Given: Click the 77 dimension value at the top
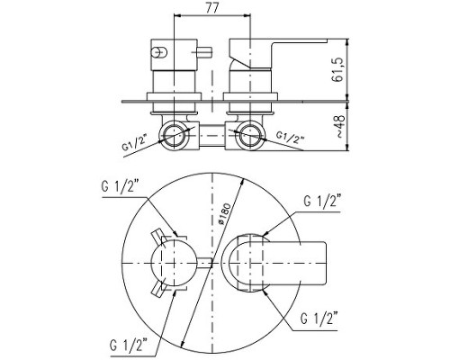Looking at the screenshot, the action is (212, 7).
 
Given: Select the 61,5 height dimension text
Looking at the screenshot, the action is (337, 69).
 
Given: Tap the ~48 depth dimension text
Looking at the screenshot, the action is (339, 126).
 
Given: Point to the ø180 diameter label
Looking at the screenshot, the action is (225, 214).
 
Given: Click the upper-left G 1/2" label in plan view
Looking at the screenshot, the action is (120, 187).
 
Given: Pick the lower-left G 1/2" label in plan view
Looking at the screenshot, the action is (129, 346).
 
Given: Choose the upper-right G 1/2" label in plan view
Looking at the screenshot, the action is (322, 201).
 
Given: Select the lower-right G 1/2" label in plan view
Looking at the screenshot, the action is (319, 318).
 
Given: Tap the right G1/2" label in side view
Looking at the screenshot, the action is (290, 137).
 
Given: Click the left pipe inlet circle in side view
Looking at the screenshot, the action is (174, 135).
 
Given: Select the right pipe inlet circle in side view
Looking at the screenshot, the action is (250, 135).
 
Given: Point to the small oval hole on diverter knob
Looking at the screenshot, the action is (159, 52).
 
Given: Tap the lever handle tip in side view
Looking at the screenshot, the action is (324, 40).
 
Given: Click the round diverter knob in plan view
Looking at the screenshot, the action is (175, 263).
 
